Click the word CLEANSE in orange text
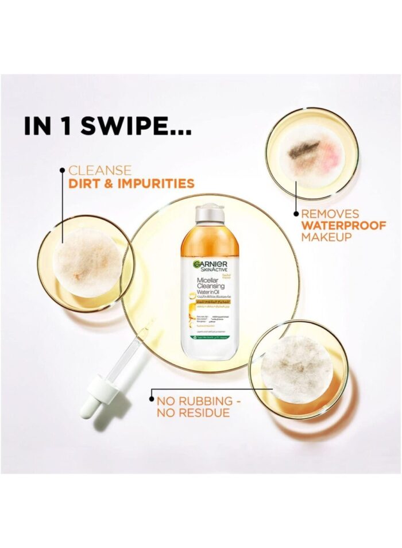click(100, 171)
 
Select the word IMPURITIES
click(156, 184)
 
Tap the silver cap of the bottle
click(210, 214)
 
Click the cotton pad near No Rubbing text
click(296, 361)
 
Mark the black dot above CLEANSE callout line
click(62, 169)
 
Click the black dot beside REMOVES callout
click(296, 213)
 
